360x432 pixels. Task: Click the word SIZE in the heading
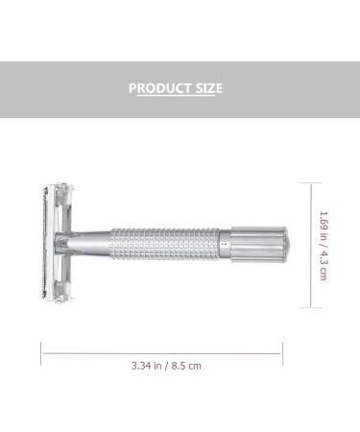pyautogui.click(x=206, y=88)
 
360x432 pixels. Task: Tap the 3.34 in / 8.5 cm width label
pyautogui.click(x=166, y=365)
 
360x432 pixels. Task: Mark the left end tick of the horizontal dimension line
pyautogui.click(x=41, y=351)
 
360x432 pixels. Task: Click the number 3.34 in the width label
pyautogui.click(x=142, y=365)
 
